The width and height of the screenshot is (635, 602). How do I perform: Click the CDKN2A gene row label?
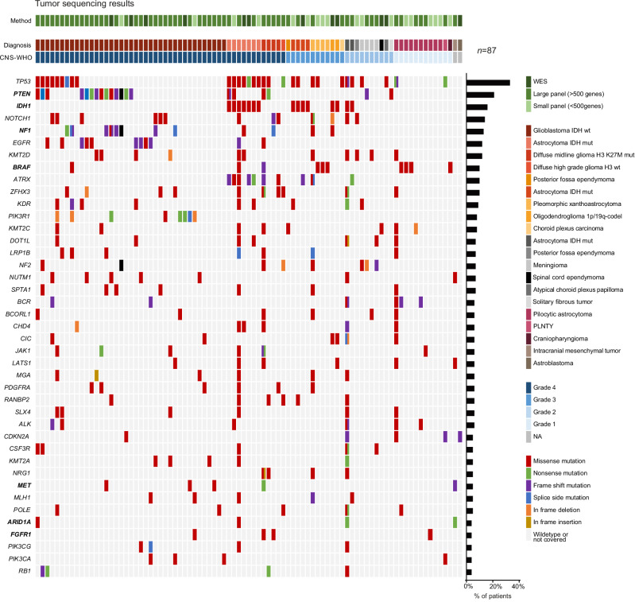pyautogui.click(x=17, y=436)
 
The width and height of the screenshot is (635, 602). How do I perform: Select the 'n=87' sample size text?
pyautogui.click(x=486, y=51)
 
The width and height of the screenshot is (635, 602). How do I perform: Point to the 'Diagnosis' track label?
pyautogui.click(x=17, y=45)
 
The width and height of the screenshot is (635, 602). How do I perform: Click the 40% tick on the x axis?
pyautogui.click(x=517, y=585)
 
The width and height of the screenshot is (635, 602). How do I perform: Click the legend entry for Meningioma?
pyautogui.click(x=563, y=264)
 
